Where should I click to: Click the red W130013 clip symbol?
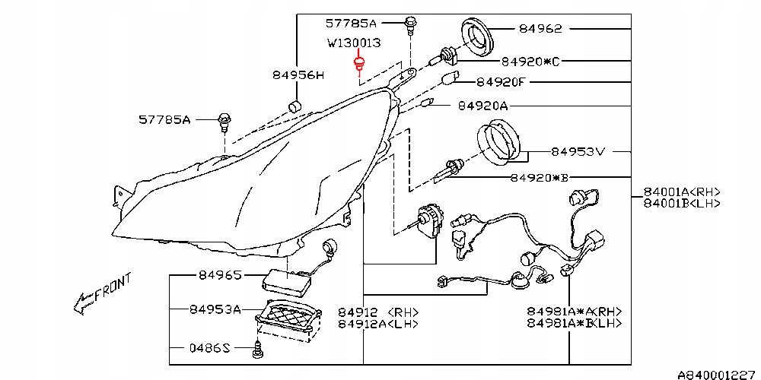coord(359,65)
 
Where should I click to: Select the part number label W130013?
coord(354,43)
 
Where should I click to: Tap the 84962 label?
coord(540,29)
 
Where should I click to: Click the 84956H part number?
coord(297,75)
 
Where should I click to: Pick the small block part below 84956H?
coord(295,106)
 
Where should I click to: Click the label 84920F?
coord(501,82)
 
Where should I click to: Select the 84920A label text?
coord(482,106)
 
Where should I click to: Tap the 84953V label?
coord(578,152)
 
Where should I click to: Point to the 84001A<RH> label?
coord(682,192)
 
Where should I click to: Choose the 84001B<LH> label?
coord(682,203)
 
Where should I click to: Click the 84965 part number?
coord(220,275)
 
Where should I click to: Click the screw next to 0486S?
coord(257,350)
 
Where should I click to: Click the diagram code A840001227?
coord(719,374)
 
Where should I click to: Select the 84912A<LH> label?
coord(378,323)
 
